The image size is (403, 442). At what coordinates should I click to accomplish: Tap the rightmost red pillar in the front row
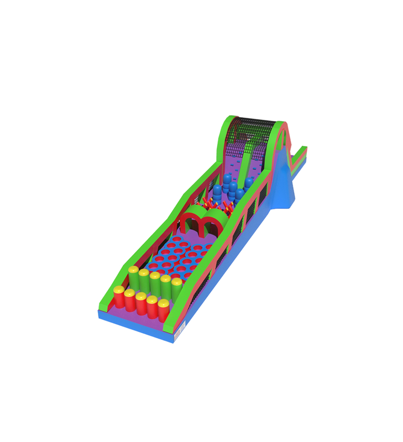click(164, 311)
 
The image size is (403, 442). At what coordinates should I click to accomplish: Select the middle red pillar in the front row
click(141, 304)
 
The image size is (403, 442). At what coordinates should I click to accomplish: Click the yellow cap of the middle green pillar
click(155, 275)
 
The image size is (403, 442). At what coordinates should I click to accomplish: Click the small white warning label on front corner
click(178, 334)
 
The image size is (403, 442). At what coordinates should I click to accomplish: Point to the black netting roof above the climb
click(252, 130)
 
